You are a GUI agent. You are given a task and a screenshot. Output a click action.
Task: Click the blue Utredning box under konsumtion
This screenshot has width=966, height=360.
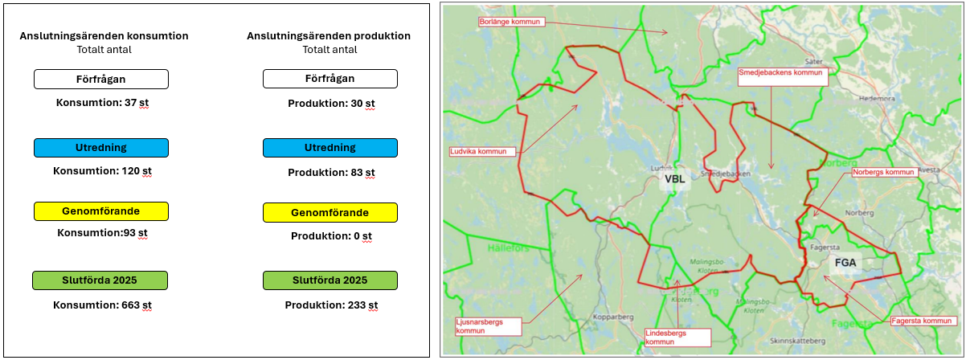(101, 148)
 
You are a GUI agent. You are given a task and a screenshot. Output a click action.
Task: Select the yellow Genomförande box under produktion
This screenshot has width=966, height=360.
(330, 212)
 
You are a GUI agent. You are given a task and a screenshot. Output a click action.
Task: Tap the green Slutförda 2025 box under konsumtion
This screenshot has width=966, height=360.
(100, 280)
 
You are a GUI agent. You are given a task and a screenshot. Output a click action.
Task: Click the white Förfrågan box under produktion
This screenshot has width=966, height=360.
(330, 79)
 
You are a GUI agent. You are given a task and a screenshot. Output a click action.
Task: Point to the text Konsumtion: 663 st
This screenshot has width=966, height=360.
(102, 305)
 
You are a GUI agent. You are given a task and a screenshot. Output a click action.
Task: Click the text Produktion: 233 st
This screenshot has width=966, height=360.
(331, 305)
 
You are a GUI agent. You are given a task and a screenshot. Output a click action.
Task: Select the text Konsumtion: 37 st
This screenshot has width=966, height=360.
(102, 104)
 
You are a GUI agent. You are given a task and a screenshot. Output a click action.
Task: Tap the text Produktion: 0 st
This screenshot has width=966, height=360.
(331, 236)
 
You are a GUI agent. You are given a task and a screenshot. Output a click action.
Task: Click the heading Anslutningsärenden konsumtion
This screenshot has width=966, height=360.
(104, 36)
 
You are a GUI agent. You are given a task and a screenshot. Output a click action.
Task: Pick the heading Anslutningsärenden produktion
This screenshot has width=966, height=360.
(329, 36)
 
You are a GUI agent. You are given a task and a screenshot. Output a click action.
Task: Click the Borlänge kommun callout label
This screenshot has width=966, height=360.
(510, 22)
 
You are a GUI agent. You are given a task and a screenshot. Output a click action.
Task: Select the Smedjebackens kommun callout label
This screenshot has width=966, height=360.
(782, 72)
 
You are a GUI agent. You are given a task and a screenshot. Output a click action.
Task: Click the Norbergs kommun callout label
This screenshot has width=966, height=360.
(885, 172)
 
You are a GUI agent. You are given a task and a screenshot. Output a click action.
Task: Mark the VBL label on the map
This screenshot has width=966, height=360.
(673, 180)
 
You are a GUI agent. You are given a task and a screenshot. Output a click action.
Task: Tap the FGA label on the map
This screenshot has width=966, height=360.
(845, 263)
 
